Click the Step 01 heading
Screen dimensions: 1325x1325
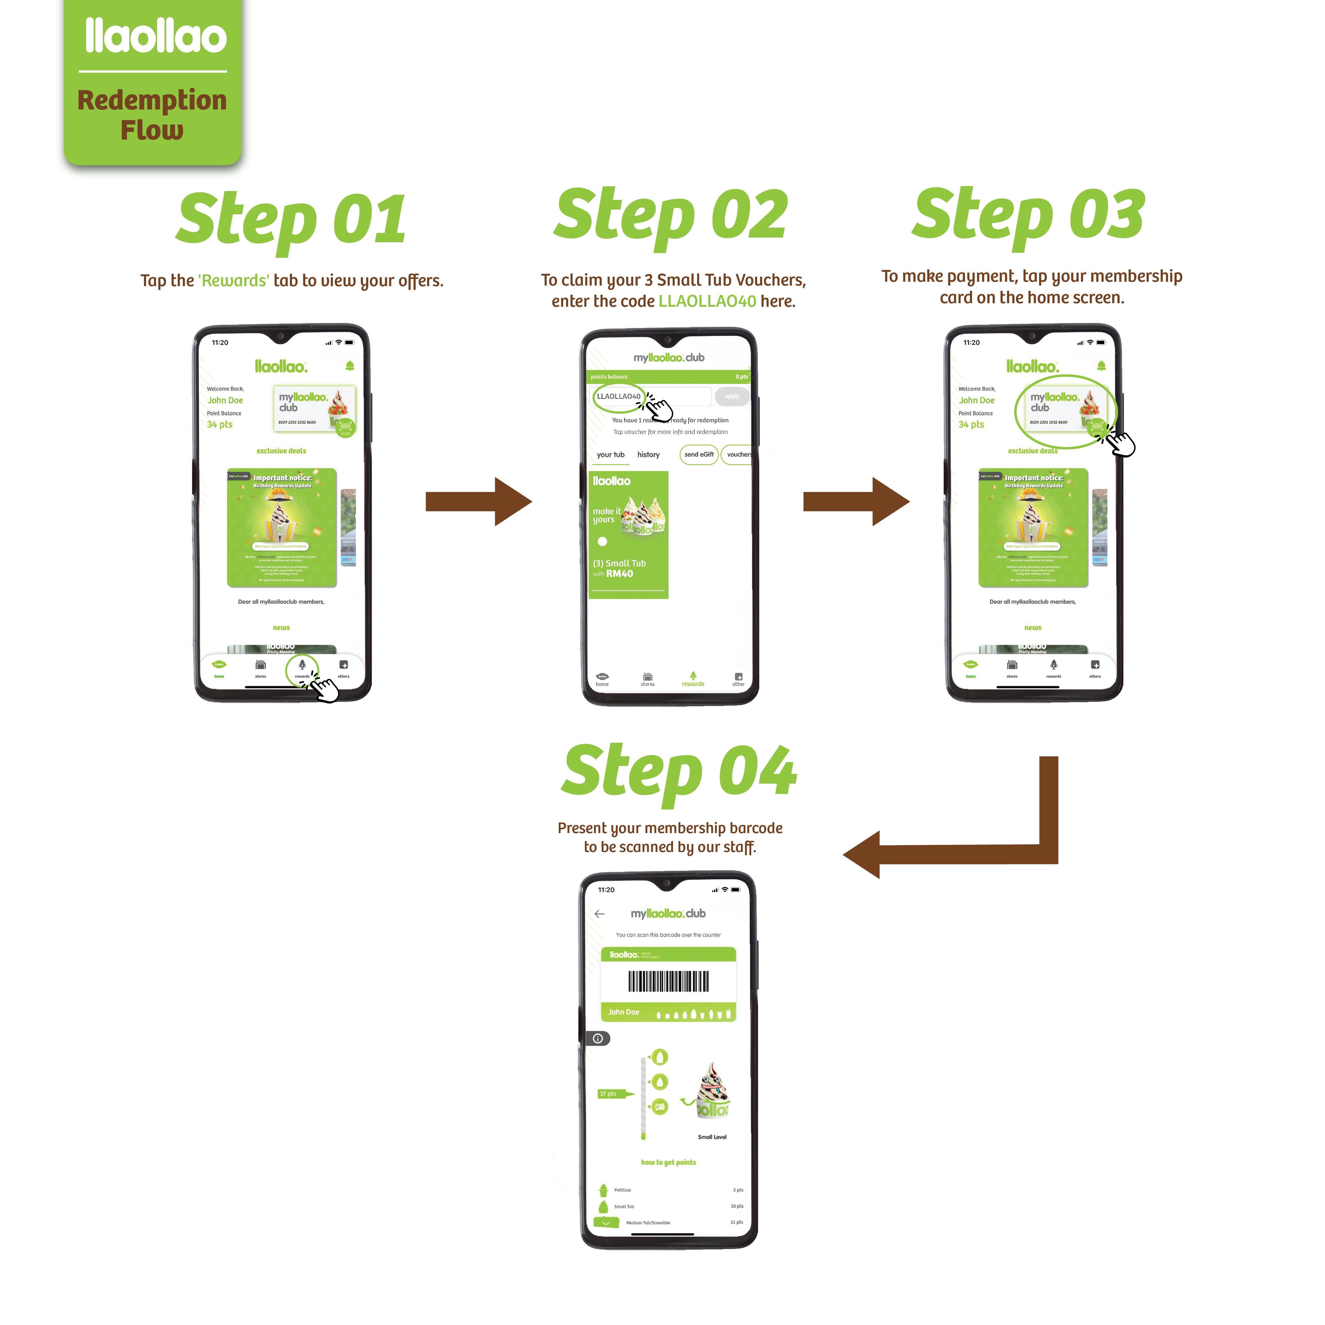[291, 220]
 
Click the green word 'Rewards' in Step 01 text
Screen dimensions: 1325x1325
[234, 281]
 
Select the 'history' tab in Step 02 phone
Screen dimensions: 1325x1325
[648, 455]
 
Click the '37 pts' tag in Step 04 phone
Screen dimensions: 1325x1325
[608, 1094]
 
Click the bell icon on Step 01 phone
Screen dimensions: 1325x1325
[350, 366]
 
